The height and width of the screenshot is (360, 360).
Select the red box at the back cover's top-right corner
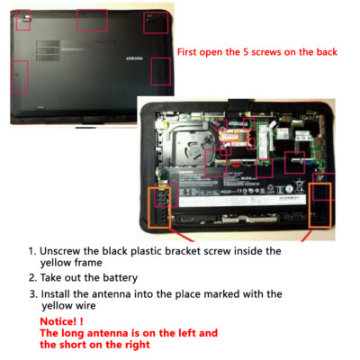(x=154, y=17)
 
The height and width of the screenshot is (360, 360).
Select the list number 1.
(x=31, y=251)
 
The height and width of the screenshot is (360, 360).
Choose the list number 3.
(x=31, y=294)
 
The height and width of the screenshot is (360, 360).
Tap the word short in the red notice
(x=87, y=345)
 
